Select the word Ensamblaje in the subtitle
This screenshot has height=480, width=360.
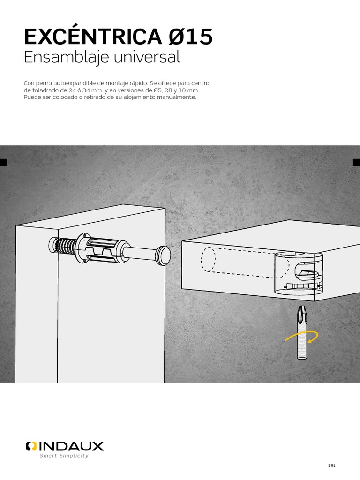point(61,58)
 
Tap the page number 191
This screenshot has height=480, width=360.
point(331,465)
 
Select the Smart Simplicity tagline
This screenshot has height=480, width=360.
point(64,456)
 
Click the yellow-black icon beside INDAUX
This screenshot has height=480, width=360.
point(31,446)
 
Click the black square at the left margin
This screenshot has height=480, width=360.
point(3,163)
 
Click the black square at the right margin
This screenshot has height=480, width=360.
point(356,163)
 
